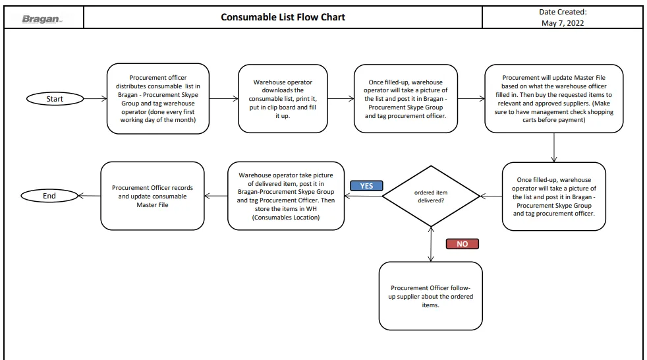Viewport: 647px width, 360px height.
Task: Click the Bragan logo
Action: click(x=42, y=18)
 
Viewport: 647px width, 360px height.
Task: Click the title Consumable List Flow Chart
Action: click(x=283, y=17)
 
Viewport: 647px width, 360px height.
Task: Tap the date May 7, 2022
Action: click(x=563, y=23)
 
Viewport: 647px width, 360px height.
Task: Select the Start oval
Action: click(x=55, y=99)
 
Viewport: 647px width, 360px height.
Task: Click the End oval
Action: click(x=49, y=196)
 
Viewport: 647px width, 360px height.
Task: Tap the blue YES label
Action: click(x=366, y=186)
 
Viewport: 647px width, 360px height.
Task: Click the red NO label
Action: click(x=462, y=244)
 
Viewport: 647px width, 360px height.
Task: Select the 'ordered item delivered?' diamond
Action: click(x=431, y=196)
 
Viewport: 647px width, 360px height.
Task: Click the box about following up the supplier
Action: click(x=430, y=296)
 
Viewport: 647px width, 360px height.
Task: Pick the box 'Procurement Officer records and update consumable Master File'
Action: click(x=152, y=196)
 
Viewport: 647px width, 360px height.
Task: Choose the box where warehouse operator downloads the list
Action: click(x=283, y=99)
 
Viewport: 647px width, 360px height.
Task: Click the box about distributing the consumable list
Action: click(x=158, y=99)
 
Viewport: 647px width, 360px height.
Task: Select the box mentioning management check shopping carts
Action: click(x=553, y=99)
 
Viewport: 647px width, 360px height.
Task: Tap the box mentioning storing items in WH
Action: click(x=286, y=196)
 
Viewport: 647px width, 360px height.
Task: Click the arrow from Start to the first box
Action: click(x=96, y=99)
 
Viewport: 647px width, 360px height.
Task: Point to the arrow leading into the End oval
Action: click(x=89, y=196)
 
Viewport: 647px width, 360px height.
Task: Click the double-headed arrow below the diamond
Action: click(x=431, y=244)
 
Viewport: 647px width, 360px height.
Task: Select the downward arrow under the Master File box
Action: click(x=553, y=148)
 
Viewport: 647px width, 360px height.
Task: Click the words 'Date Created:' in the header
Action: click(x=563, y=12)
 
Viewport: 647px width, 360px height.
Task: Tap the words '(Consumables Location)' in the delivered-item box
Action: click(x=286, y=218)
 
